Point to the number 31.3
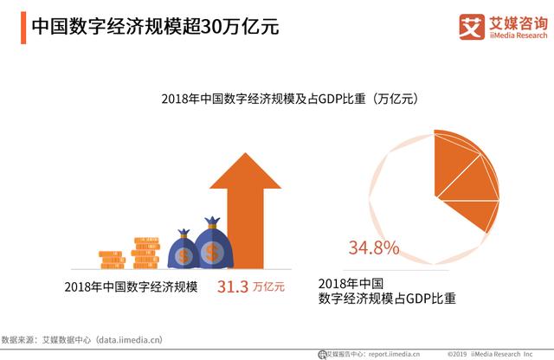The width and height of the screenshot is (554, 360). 233,286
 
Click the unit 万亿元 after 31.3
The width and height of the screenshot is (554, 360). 269,287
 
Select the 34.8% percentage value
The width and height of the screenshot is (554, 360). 374,249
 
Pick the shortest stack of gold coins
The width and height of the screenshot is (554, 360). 112,259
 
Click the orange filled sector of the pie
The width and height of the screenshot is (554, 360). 462,182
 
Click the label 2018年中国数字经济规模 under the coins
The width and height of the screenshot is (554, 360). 131,287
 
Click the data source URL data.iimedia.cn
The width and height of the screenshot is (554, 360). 129,341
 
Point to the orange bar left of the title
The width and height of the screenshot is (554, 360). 20,26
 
